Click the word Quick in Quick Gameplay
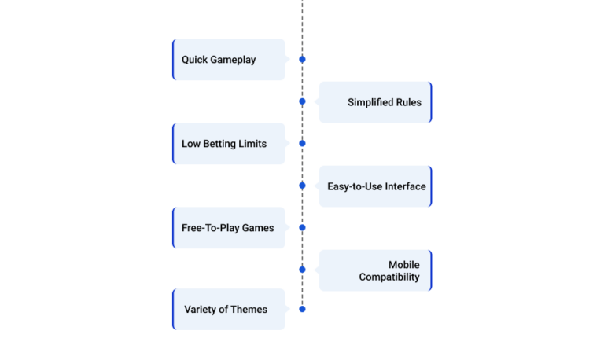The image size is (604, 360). [x=194, y=60]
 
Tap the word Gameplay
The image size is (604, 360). [x=233, y=60]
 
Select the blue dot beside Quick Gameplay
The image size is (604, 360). [x=302, y=59]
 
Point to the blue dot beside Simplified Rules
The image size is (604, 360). [x=302, y=101]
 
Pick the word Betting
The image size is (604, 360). [x=219, y=144]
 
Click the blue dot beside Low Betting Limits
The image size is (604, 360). [x=302, y=143]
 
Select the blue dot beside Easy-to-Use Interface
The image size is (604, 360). [x=302, y=186]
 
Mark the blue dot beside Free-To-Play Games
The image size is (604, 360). [x=302, y=227]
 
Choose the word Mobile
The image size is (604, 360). [x=404, y=265]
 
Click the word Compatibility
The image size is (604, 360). [x=389, y=277]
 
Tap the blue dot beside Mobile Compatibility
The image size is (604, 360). [x=302, y=270]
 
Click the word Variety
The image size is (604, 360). [x=200, y=310]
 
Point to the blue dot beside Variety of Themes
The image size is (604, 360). [x=302, y=309]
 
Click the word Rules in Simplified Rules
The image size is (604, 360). [x=409, y=102]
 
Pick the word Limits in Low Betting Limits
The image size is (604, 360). [x=252, y=144]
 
